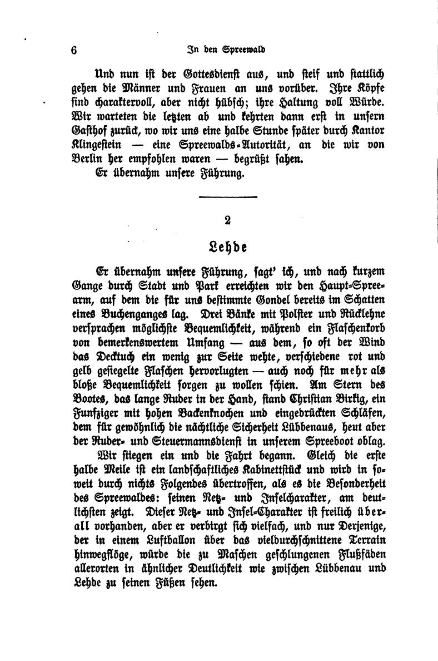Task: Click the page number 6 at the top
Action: coord(74,49)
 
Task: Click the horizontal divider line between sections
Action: coord(227,196)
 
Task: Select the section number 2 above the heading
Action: coord(227,220)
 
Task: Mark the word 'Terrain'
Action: coord(352,540)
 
